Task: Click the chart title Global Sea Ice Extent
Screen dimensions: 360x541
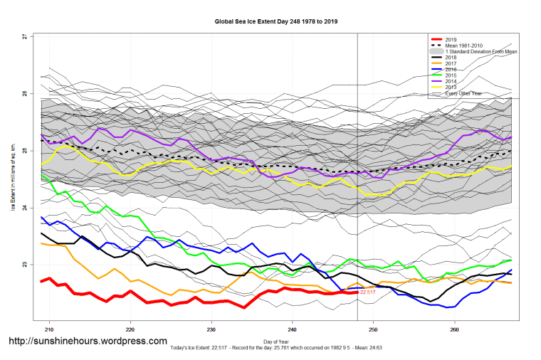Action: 276,21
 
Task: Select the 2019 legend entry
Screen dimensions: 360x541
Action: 451,39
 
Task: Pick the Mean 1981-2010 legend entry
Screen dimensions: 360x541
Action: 463,46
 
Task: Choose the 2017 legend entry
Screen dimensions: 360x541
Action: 451,64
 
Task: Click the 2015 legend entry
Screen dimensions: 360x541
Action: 451,75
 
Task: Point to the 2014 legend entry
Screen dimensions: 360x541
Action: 451,82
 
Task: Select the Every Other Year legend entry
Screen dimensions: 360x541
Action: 463,93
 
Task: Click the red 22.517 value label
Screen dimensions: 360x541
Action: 367,292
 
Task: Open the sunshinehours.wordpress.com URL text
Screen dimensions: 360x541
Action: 88,342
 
